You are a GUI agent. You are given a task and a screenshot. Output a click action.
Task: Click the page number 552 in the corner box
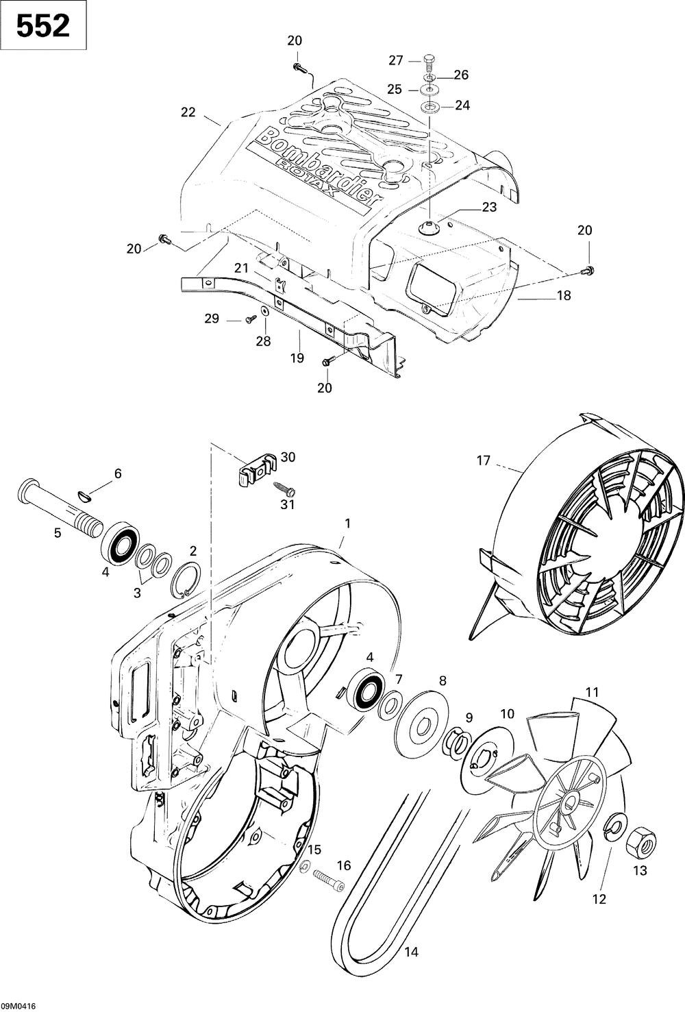42,26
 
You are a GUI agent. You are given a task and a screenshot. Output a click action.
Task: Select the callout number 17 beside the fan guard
484,460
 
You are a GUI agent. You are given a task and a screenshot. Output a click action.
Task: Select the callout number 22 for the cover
188,112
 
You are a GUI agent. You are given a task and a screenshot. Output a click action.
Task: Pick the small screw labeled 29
250,317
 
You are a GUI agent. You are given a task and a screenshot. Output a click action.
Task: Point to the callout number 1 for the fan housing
347,523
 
